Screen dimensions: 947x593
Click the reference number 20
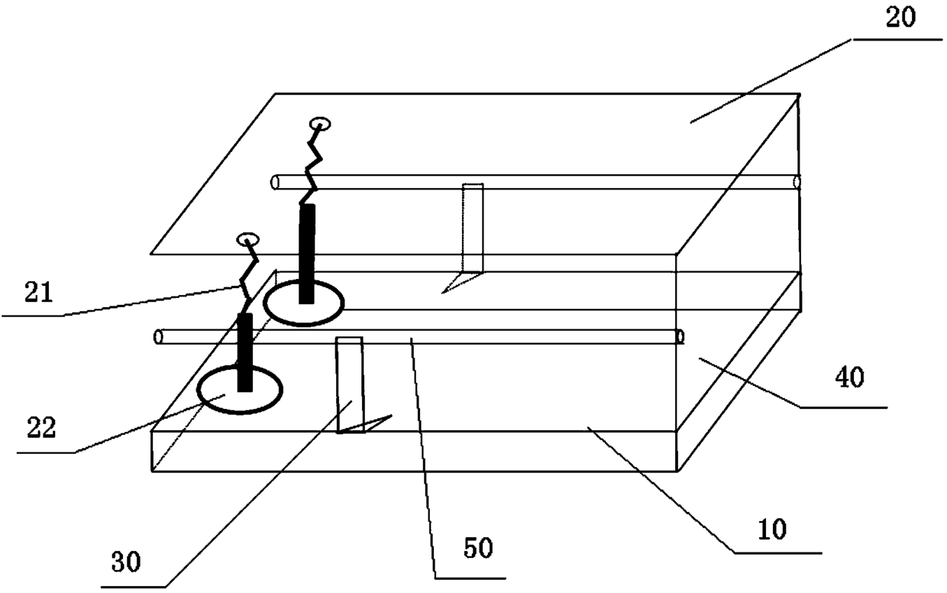[x=900, y=18]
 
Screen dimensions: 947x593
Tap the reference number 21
[x=38, y=292]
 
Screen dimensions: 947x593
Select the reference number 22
[x=41, y=428]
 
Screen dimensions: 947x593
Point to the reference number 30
[x=126, y=562]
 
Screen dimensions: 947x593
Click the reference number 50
[x=478, y=548]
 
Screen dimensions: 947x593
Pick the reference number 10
[x=772, y=529]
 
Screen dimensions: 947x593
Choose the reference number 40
[x=850, y=378]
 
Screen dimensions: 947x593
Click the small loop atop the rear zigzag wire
[x=320, y=124]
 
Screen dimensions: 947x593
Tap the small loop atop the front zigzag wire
[x=248, y=239]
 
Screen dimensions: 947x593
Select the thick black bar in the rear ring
[x=306, y=254]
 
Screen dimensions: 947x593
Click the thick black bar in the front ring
[x=245, y=352]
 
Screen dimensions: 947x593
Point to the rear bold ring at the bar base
[x=303, y=303]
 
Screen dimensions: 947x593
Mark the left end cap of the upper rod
[x=275, y=183]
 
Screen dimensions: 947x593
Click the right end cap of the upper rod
[x=797, y=183]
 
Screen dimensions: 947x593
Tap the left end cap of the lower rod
[x=158, y=337]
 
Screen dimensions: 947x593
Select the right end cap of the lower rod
[x=680, y=337]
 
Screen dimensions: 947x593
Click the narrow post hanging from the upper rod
[x=473, y=228]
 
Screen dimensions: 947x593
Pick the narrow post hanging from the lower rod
[x=350, y=385]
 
